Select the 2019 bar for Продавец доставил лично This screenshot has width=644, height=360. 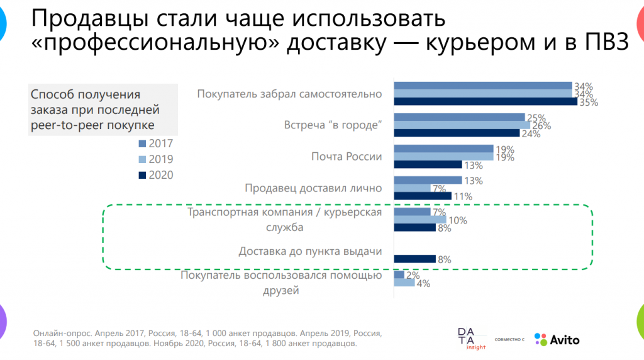click(412, 188)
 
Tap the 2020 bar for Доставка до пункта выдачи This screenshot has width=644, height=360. click(414, 259)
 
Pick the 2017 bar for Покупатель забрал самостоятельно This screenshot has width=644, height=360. click(482, 86)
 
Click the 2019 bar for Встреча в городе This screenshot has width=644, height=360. click(462, 125)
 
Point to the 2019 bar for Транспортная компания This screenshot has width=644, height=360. click(419, 220)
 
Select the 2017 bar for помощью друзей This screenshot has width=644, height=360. click(399, 275)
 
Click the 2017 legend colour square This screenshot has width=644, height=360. click(142, 143)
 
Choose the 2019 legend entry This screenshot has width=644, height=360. click(155, 159)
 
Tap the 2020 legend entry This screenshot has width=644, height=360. click(155, 175)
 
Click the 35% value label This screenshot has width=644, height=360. click(589, 103)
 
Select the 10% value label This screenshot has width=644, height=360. click(457, 220)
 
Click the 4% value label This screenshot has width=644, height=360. click(423, 284)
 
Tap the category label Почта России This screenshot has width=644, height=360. click(347, 157)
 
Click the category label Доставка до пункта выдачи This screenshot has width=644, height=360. click(310, 252)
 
